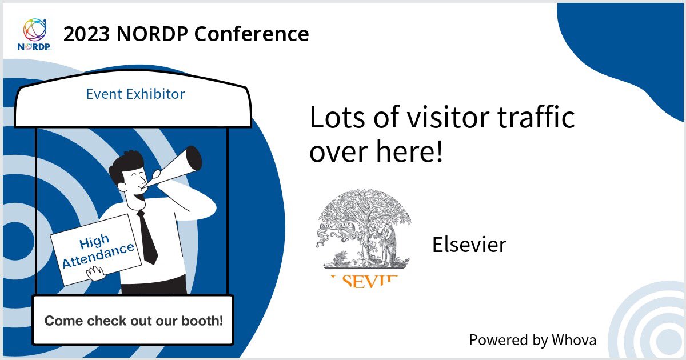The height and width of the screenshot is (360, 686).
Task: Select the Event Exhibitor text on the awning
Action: (135, 94)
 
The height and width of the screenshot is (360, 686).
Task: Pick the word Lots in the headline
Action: (334, 118)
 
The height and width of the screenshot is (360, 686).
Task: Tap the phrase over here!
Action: (376, 151)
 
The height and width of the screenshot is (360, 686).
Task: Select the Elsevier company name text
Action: (469, 245)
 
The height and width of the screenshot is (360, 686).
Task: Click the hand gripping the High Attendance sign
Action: (95, 274)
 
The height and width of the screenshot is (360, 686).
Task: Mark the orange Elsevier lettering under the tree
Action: (364, 278)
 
